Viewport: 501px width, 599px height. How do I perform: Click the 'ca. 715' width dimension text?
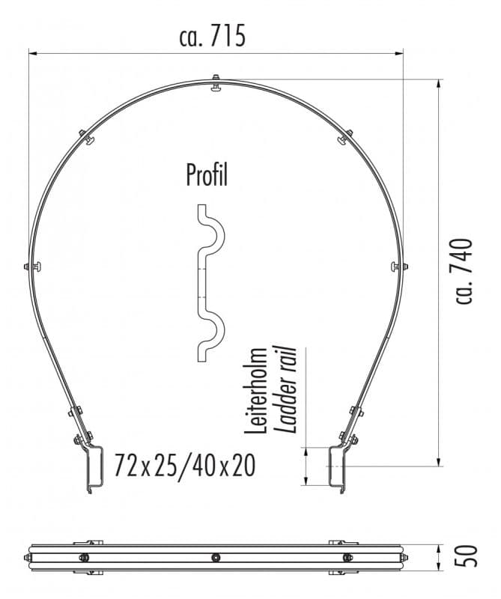(x=213, y=35)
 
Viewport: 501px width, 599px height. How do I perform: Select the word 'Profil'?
(x=207, y=176)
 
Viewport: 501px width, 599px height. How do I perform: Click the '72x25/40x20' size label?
(x=185, y=466)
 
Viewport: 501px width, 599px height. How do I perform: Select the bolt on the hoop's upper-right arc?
(x=344, y=136)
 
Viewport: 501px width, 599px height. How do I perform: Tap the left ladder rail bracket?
(x=93, y=469)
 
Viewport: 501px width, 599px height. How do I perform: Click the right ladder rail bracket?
(x=338, y=469)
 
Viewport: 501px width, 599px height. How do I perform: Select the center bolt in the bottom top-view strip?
(x=216, y=557)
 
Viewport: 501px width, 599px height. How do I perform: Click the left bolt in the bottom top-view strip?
(x=84, y=557)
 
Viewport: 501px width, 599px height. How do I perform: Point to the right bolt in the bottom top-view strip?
(x=347, y=557)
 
